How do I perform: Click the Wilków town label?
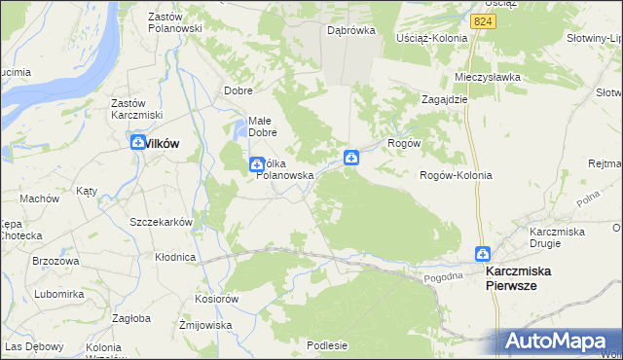tap(162, 143)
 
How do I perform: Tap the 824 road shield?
tap(480, 20)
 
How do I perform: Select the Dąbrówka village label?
tap(351, 30)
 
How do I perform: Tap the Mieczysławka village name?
tap(488, 76)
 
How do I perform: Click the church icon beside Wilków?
tap(137, 143)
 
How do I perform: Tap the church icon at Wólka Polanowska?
tap(256, 163)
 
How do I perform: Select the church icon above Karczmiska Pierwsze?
tap(482, 254)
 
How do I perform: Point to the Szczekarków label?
tap(162, 221)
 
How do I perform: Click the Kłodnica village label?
tap(175, 257)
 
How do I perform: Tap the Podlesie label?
tap(327, 344)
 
